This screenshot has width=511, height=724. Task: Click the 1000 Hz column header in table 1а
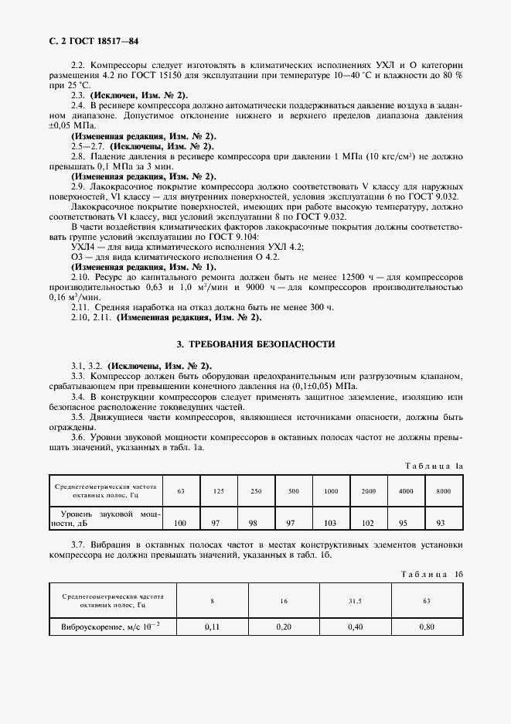point(331,491)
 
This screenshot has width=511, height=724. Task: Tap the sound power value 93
point(440,523)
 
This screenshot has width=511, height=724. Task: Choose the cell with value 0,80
point(428,627)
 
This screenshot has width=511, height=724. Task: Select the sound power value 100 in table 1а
point(180,523)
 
